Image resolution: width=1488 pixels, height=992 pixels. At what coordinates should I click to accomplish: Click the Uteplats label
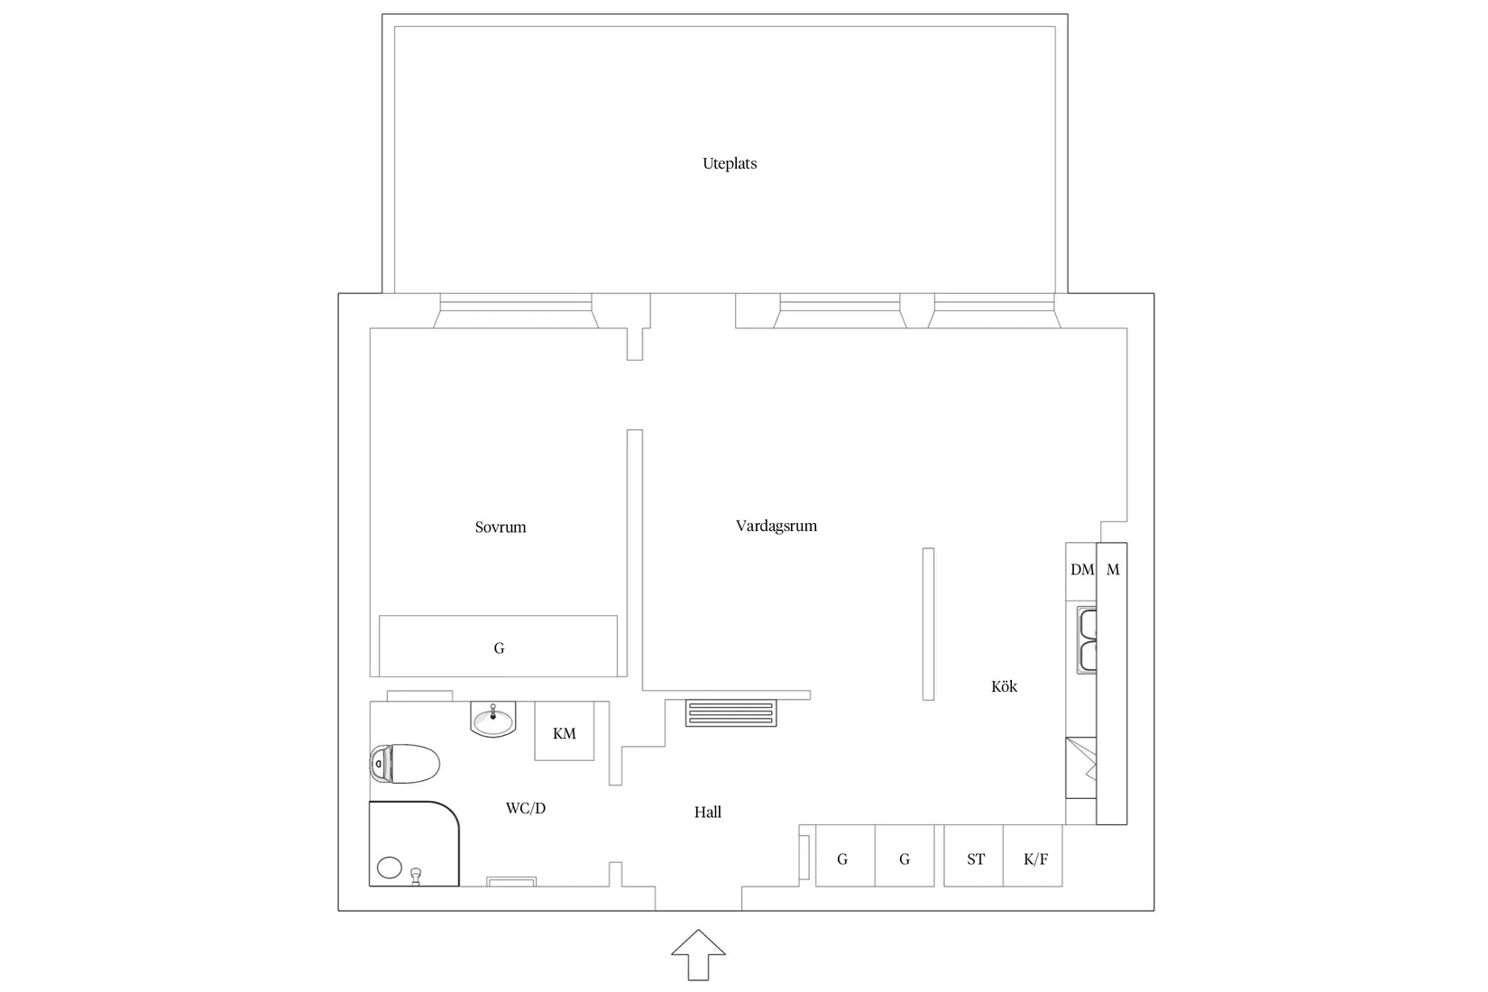click(x=730, y=164)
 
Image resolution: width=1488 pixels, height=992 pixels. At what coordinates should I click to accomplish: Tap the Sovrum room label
click(x=501, y=528)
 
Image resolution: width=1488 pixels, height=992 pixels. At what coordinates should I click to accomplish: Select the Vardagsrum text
click(x=776, y=526)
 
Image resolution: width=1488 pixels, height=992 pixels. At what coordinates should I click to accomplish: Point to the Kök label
click(x=1004, y=687)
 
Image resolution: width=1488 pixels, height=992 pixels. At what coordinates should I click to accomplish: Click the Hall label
click(x=708, y=813)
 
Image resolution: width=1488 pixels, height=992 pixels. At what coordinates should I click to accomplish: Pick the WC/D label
click(x=526, y=809)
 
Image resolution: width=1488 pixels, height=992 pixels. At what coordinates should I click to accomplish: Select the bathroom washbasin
click(x=493, y=721)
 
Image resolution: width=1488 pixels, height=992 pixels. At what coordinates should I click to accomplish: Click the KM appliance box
click(x=565, y=732)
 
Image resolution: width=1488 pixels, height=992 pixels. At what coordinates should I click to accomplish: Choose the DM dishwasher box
click(x=1081, y=571)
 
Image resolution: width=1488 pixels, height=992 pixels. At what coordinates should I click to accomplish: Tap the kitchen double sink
click(x=1088, y=640)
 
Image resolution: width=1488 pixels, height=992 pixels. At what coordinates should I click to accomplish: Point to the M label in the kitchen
click(x=1113, y=570)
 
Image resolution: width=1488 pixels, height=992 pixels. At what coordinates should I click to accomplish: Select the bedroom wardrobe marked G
click(x=499, y=647)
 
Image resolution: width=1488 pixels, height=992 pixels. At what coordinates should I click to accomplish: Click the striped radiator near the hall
click(x=730, y=713)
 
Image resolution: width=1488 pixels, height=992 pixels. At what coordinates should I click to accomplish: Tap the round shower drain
click(x=389, y=868)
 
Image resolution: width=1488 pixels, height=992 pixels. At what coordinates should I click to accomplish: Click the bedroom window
click(x=516, y=312)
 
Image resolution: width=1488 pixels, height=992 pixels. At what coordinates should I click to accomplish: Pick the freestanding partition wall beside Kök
click(x=928, y=624)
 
